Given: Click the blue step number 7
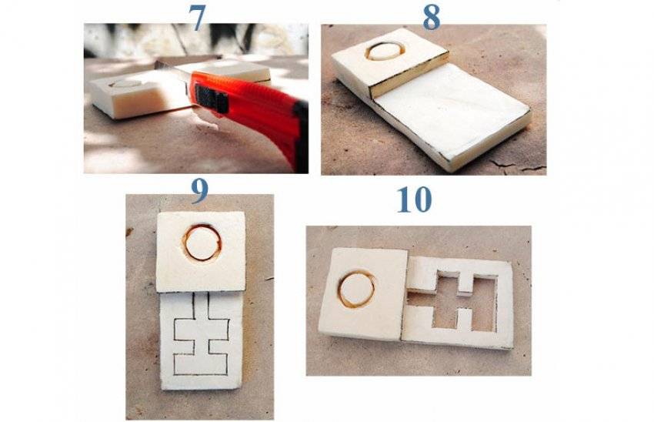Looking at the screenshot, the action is pyautogui.click(x=197, y=18).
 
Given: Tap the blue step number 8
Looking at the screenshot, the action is pyautogui.click(x=432, y=18).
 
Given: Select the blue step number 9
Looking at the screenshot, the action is pyautogui.click(x=199, y=191).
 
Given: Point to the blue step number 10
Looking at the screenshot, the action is pyautogui.click(x=414, y=199).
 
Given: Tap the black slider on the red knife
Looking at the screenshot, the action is pyautogui.click(x=212, y=99).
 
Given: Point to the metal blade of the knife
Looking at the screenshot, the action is pyautogui.click(x=171, y=69).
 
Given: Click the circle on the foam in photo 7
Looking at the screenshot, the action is pyautogui.click(x=125, y=83).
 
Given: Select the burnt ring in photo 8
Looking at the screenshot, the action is pyautogui.click(x=385, y=51).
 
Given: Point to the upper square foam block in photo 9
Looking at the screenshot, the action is pyautogui.click(x=201, y=250).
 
